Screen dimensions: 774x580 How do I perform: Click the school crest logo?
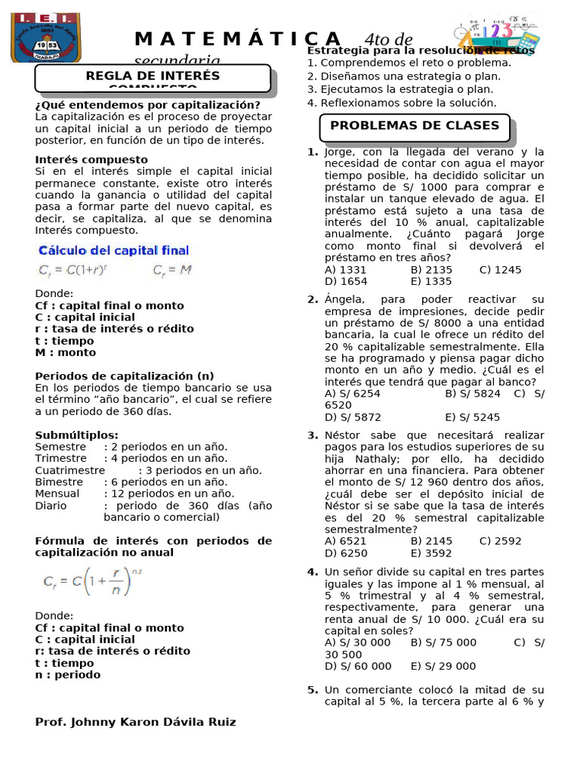35,37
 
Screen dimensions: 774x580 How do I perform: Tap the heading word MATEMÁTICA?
238,39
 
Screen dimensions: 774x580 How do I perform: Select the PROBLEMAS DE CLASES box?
415,126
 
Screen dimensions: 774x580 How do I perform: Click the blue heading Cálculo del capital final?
114,250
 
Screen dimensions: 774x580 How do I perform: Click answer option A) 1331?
345,270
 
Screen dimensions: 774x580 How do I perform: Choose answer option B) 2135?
432,270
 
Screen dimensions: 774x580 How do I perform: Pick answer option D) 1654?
345,281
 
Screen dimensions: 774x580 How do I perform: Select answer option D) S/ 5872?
353,417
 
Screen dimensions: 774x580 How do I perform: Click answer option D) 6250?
345,553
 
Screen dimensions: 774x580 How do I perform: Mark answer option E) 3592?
432,553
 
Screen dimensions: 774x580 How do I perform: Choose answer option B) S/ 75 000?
444,642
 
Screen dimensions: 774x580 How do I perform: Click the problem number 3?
312,435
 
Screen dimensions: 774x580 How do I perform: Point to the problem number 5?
312,689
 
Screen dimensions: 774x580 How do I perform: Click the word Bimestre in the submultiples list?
59,481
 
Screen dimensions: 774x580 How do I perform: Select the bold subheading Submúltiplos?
76,435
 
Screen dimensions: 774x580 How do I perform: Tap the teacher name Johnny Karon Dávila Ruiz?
135,722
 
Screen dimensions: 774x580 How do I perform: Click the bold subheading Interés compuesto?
91,159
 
